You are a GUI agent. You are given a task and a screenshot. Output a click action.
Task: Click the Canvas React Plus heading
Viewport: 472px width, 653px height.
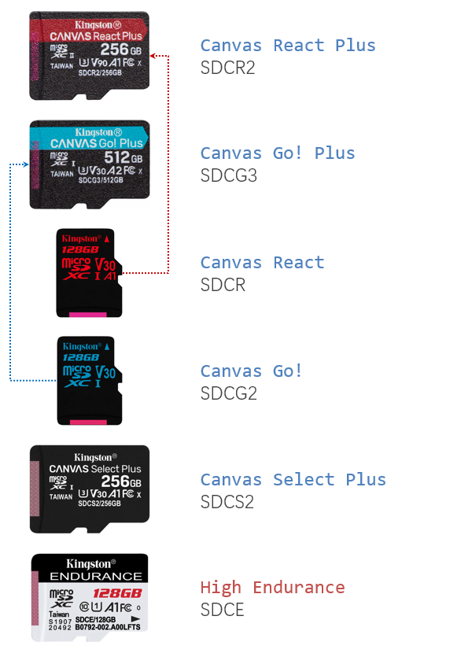click(288, 45)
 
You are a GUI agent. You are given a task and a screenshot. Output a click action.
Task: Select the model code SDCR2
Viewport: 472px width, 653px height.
click(228, 68)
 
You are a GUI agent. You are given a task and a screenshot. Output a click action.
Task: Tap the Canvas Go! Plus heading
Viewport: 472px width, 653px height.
click(278, 153)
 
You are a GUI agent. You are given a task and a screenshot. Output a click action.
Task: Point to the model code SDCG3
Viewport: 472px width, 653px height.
click(229, 175)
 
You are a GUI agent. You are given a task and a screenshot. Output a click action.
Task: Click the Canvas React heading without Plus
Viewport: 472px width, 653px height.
click(262, 263)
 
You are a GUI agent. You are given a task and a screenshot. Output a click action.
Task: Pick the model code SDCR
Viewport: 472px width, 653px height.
click(223, 285)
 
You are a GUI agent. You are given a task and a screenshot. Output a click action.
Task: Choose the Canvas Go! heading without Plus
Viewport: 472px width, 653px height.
click(252, 371)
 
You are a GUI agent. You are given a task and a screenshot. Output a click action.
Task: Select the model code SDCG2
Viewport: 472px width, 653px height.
click(229, 393)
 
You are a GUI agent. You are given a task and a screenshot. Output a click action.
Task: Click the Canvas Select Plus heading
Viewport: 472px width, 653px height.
click(293, 479)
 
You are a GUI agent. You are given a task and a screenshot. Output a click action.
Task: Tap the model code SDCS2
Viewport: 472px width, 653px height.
click(227, 501)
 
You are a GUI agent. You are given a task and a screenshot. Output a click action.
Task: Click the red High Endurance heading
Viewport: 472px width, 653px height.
click(272, 587)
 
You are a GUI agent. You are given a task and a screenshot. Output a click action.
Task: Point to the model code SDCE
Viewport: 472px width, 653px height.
click(223, 610)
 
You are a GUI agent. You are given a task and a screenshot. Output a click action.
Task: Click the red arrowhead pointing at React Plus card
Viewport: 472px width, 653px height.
click(153, 56)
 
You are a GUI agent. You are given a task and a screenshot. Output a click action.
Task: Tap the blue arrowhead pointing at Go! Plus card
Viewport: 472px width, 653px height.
click(27, 164)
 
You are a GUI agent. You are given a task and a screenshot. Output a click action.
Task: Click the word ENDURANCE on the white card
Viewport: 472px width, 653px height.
click(88, 576)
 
